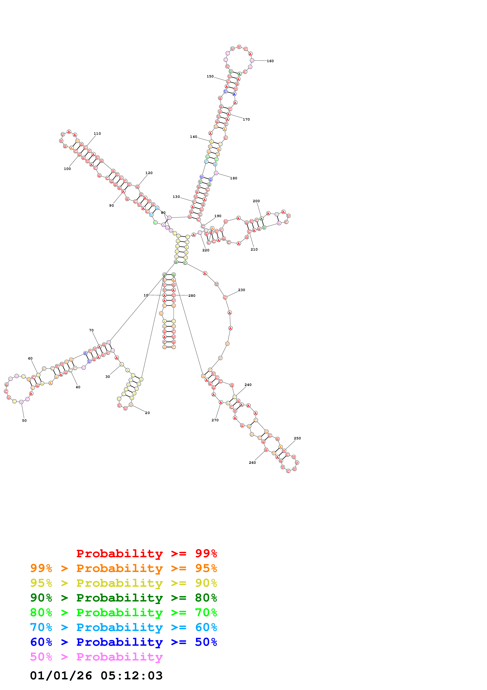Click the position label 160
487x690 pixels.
tap(270, 61)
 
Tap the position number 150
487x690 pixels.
tap(210, 76)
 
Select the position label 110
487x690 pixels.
tap(97, 134)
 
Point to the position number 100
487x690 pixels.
tap(67, 169)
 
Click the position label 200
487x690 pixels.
tap(256, 201)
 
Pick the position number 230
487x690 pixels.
tap(242, 290)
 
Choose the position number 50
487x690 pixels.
tap(24, 420)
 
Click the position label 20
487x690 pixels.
tap(147, 413)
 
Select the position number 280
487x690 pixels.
tap(192, 296)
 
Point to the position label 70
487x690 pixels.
tap(91, 330)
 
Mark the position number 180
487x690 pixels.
tap(234, 178)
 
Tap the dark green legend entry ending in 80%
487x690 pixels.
tap(124, 598)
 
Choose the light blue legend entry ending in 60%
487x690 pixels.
tap(124, 627)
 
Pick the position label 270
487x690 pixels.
tap(215, 420)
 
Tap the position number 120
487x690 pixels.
tap(149, 173)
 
